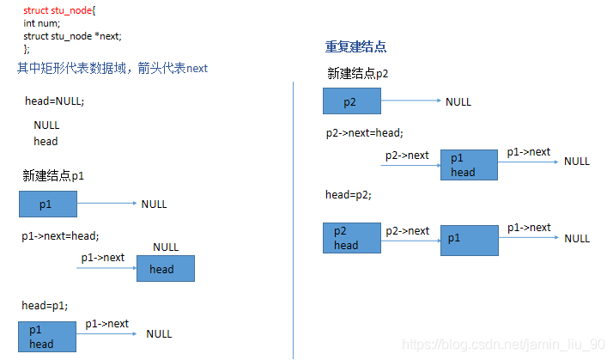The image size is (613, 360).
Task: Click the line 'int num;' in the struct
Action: point(41,23)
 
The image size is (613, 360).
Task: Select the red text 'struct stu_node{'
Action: point(60,10)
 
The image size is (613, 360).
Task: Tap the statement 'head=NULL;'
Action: point(55,101)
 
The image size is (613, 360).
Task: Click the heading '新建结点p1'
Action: point(53,176)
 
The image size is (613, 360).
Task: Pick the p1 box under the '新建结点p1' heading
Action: point(48,204)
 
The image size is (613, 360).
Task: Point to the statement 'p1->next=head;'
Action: point(60,235)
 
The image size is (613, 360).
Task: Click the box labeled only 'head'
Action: point(165,269)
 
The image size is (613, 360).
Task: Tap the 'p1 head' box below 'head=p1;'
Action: point(46,337)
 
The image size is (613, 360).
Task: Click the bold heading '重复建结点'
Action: point(349,46)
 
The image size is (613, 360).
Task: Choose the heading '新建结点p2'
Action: point(358,74)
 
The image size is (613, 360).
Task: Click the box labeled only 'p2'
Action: point(351,102)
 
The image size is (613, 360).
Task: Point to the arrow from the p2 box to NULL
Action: point(410,102)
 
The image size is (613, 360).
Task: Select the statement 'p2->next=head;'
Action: point(364,133)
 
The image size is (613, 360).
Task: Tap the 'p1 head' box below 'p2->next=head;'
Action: point(469,165)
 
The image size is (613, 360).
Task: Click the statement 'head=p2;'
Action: point(349,195)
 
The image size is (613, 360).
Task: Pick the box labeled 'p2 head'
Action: point(351,238)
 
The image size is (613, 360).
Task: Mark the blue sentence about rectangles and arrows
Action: point(112,68)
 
